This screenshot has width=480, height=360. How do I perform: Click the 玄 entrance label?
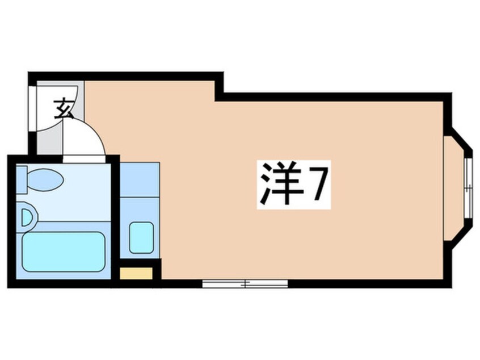click(x=63, y=108)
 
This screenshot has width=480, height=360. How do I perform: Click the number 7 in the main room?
click(x=317, y=185)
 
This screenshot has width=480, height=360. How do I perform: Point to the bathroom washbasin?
click(x=28, y=217)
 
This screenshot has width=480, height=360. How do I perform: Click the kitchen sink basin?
click(x=141, y=237)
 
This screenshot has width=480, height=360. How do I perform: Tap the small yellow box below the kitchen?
click(x=137, y=273)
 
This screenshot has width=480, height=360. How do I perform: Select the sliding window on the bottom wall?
click(x=245, y=282)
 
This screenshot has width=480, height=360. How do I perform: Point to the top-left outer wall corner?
click(x=32, y=75)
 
